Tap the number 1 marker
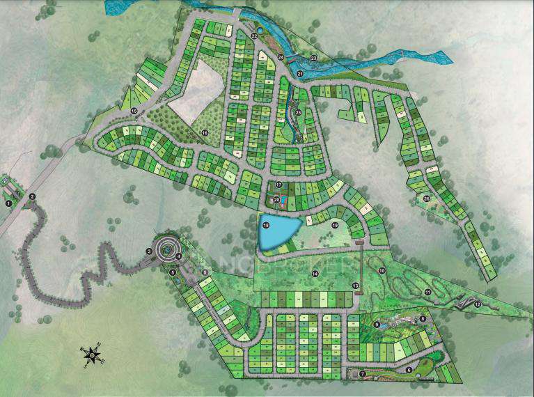click(9, 203)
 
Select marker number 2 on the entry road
click(33, 196)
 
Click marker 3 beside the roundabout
click(149, 251)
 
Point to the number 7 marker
click(363, 374)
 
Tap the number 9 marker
click(377, 324)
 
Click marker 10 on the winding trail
click(381, 270)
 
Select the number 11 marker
click(427, 291)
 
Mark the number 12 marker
click(478, 304)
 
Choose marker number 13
click(354, 286)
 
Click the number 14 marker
click(315, 273)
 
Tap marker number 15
click(133, 111)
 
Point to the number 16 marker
click(205, 132)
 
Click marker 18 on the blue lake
click(265, 224)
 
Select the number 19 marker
click(334, 225)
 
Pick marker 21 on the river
click(300, 72)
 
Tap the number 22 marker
click(254, 36)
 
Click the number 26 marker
click(426, 198)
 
